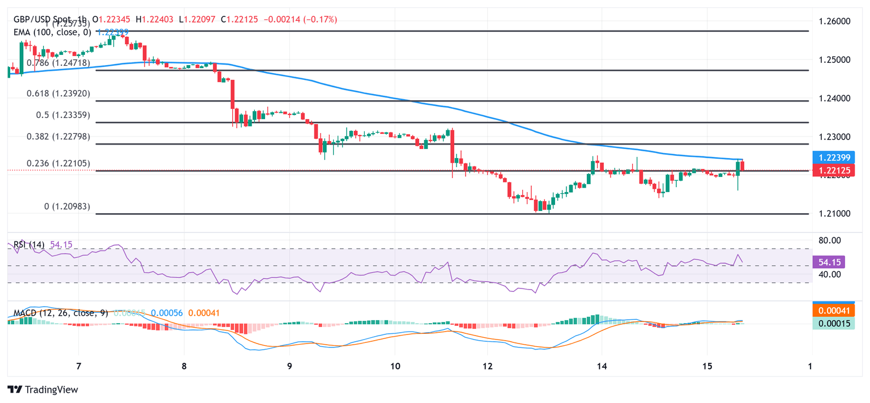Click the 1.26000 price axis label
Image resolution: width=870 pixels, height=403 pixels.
[835, 22]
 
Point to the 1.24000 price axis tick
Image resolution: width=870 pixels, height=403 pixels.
[835, 99]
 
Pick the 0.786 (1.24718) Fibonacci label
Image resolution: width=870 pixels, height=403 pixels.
[58, 63]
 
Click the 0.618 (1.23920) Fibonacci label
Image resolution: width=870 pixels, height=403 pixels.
[58, 93]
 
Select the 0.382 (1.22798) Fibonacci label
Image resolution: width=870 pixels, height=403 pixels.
[58, 137]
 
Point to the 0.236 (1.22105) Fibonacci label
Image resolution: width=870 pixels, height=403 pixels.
[58, 163]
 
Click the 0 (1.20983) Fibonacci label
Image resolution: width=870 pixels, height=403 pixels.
[67, 207]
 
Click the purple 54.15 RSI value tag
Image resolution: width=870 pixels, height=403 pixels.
[829, 262]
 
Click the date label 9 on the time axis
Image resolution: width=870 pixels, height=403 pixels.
[289, 366]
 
